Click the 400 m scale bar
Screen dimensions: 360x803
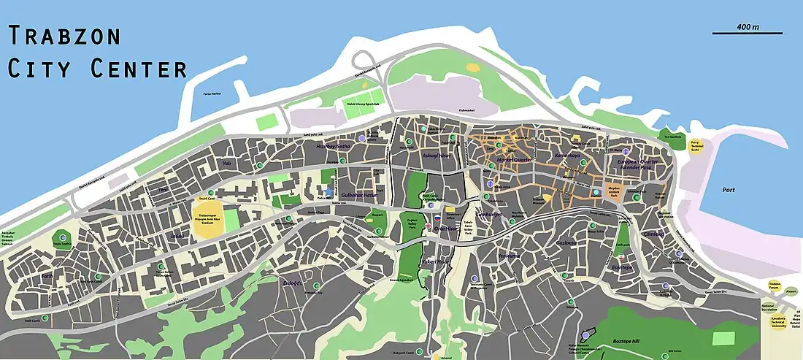(747, 32)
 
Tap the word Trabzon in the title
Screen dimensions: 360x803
(64, 36)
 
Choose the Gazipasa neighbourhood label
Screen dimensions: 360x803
(566, 242)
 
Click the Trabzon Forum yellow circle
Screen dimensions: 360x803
(775, 285)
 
